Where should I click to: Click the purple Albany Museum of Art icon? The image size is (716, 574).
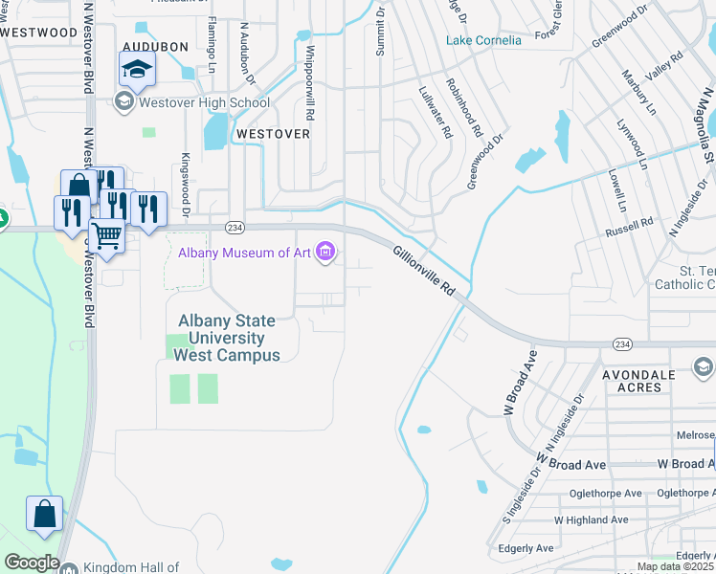click(326, 253)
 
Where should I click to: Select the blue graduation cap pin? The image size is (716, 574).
click(137, 69)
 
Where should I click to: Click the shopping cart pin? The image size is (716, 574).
click(106, 233)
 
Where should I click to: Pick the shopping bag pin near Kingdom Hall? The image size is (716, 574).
click(44, 514)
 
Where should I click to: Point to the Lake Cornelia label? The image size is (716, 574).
click(484, 40)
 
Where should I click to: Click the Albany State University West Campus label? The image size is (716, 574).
click(227, 338)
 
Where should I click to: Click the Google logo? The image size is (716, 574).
click(32, 563)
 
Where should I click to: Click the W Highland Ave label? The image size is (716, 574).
click(591, 520)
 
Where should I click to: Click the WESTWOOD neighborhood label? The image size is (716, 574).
click(39, 32)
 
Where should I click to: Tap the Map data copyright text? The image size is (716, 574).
click(676, 566)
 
